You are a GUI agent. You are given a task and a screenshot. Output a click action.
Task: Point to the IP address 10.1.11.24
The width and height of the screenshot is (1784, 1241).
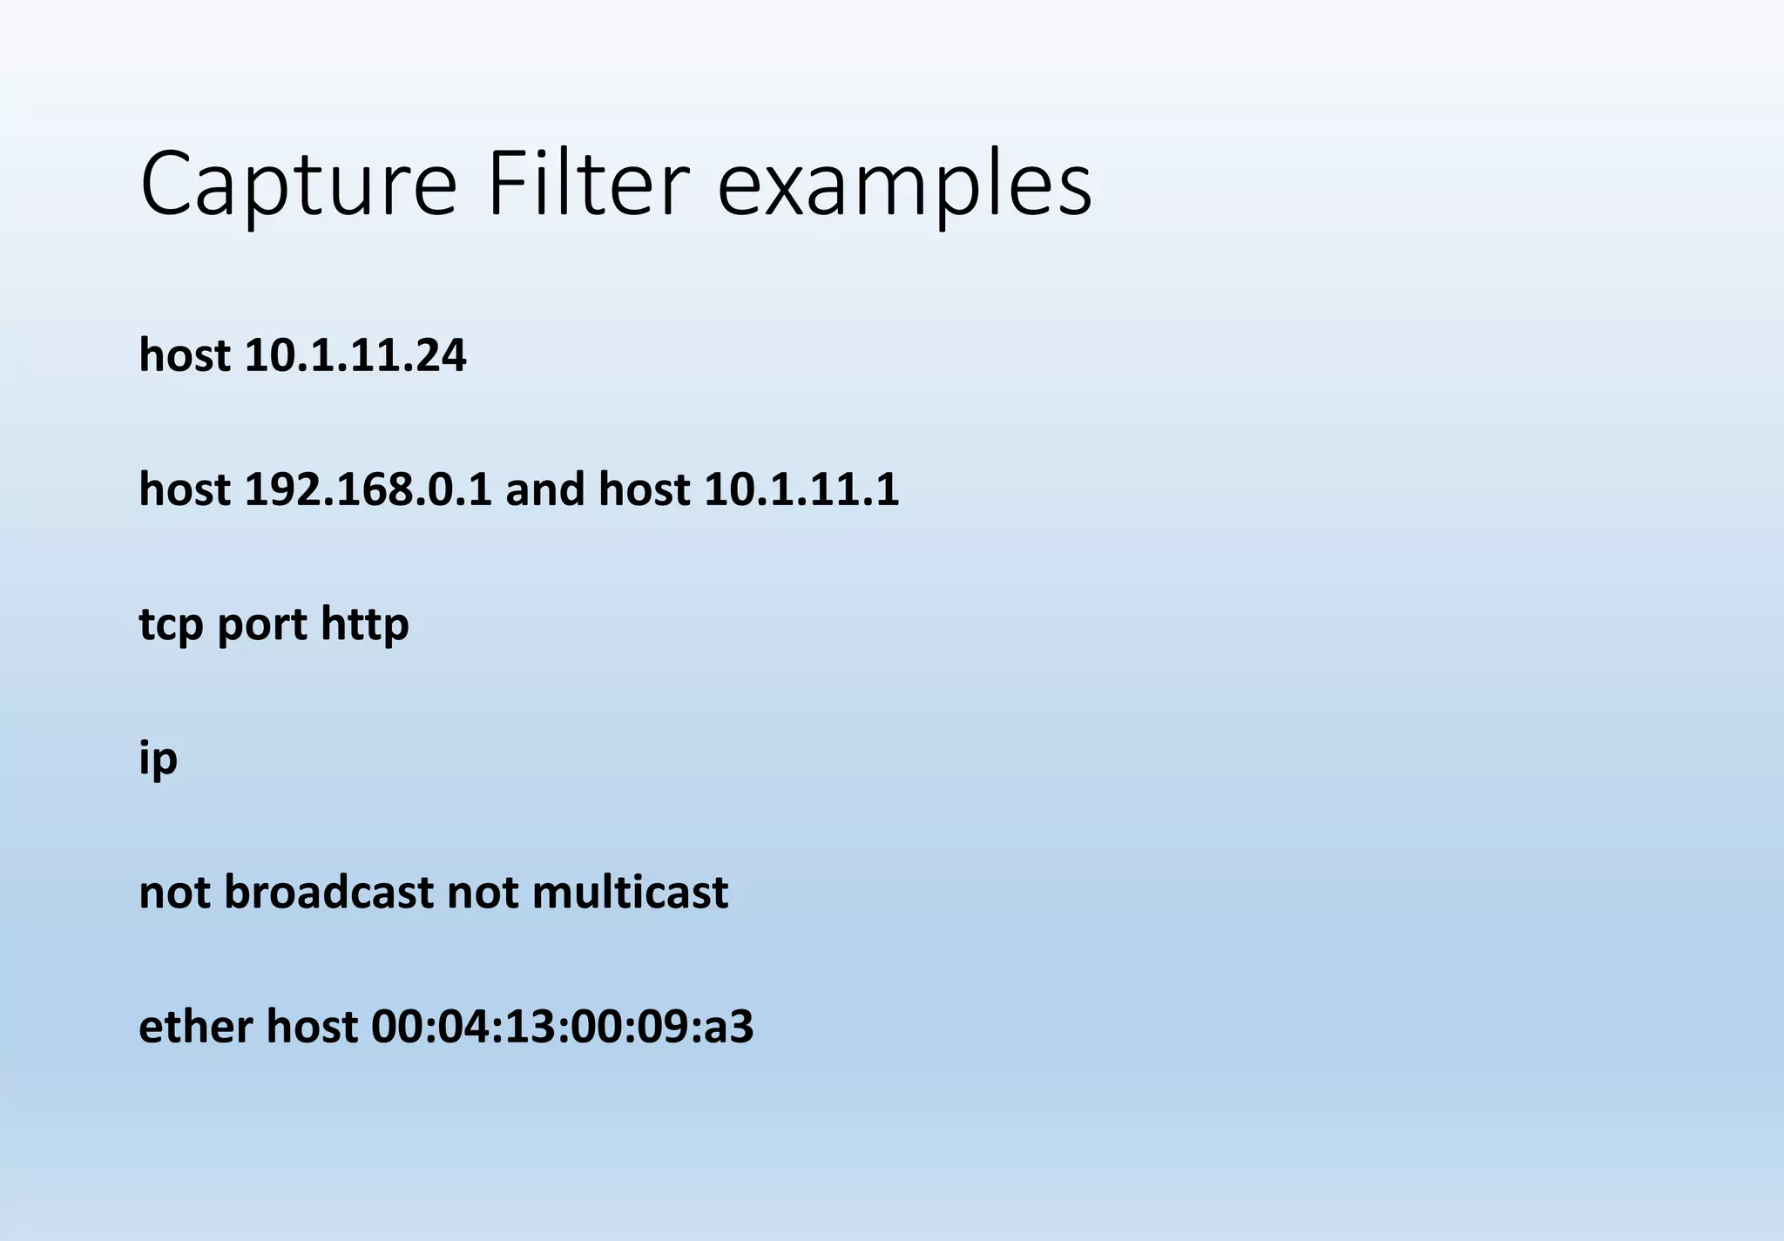[x=355, y=355]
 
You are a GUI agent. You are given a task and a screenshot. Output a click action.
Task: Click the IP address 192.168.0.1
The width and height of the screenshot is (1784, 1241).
[x=368, y=489]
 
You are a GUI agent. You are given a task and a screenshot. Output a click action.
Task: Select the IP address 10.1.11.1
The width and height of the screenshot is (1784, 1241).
[x=801, y=489]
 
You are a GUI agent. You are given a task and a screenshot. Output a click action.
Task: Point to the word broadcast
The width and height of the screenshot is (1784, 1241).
[x=328, y=893]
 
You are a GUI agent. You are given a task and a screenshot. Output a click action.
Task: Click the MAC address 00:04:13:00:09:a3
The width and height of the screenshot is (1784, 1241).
[x=562, y=1027]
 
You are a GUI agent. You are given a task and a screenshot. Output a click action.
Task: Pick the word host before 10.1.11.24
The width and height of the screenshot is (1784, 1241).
[x=185, y=355]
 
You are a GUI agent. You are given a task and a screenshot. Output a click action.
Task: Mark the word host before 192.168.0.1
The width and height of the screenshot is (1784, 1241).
[x=185, y=489]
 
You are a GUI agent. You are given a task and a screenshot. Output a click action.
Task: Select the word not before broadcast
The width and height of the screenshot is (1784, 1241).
[x=174, y=893]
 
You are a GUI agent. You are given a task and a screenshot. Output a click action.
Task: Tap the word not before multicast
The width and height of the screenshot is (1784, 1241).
[x=482, y=893]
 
